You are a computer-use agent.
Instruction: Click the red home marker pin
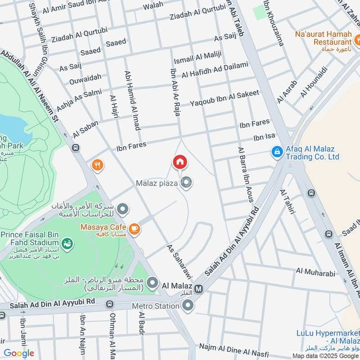[180, 162]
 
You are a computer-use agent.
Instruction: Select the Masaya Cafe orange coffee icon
[134, 230]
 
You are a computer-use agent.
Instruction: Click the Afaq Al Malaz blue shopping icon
[277, 152]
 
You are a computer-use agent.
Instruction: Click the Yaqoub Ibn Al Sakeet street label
[225, 99]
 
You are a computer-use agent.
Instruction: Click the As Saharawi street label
[178, 261]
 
